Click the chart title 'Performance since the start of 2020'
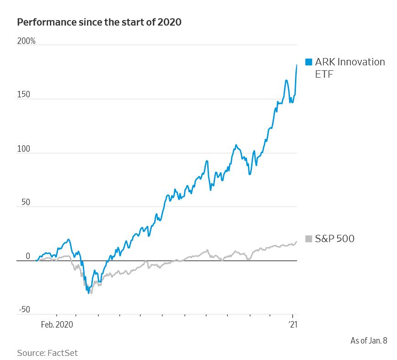(99, 22)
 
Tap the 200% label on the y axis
(26, 42)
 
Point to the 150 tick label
(23, 95)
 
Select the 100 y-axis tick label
(23, 149)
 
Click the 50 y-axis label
(25, 202)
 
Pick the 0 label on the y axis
(27, 256)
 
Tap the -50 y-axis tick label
(24, 310)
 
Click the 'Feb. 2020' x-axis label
(57, 324)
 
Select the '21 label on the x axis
(293, 324)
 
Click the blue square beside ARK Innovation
(309, 62)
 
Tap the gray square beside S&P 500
(309, 238)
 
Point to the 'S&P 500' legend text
(335, 238)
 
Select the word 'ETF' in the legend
(324, 74)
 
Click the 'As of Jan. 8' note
(369, 340)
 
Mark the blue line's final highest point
(297, 65)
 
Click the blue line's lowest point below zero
(88, 293)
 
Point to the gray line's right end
(296, 241)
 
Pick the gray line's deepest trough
(91, 293)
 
